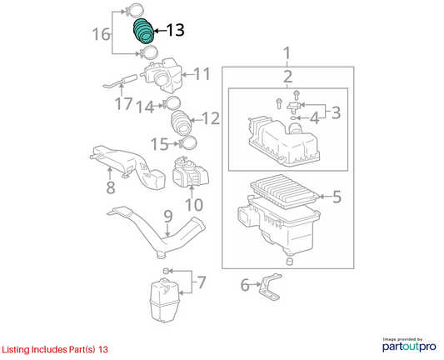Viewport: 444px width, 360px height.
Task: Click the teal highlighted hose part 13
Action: (143, 31)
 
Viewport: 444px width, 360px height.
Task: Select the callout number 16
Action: (101, 34)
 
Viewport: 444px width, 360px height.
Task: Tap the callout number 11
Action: (202, 74)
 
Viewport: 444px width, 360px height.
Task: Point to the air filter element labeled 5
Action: (286, 191)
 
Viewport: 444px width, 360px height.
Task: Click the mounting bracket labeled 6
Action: (271, 287)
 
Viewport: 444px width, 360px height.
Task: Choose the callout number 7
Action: (202, 282)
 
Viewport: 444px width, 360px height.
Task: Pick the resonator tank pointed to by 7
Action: (164, 301)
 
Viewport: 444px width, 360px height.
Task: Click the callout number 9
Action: (168, 217)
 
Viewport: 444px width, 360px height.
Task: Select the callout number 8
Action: (111, 187)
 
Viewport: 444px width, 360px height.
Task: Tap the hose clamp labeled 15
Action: (187, 142)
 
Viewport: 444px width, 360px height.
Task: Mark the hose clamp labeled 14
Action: (172, 103)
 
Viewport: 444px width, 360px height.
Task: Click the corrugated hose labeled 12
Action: (182, 123)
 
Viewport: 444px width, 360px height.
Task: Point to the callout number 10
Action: (194, 204)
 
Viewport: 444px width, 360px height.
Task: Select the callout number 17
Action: (124, 103)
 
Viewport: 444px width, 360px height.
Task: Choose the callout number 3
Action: (336, 112)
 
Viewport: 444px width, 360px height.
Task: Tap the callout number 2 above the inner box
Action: (287, 77)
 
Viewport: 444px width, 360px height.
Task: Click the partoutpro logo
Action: (409, 345)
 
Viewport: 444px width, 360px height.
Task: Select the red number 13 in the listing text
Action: (103, 349)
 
